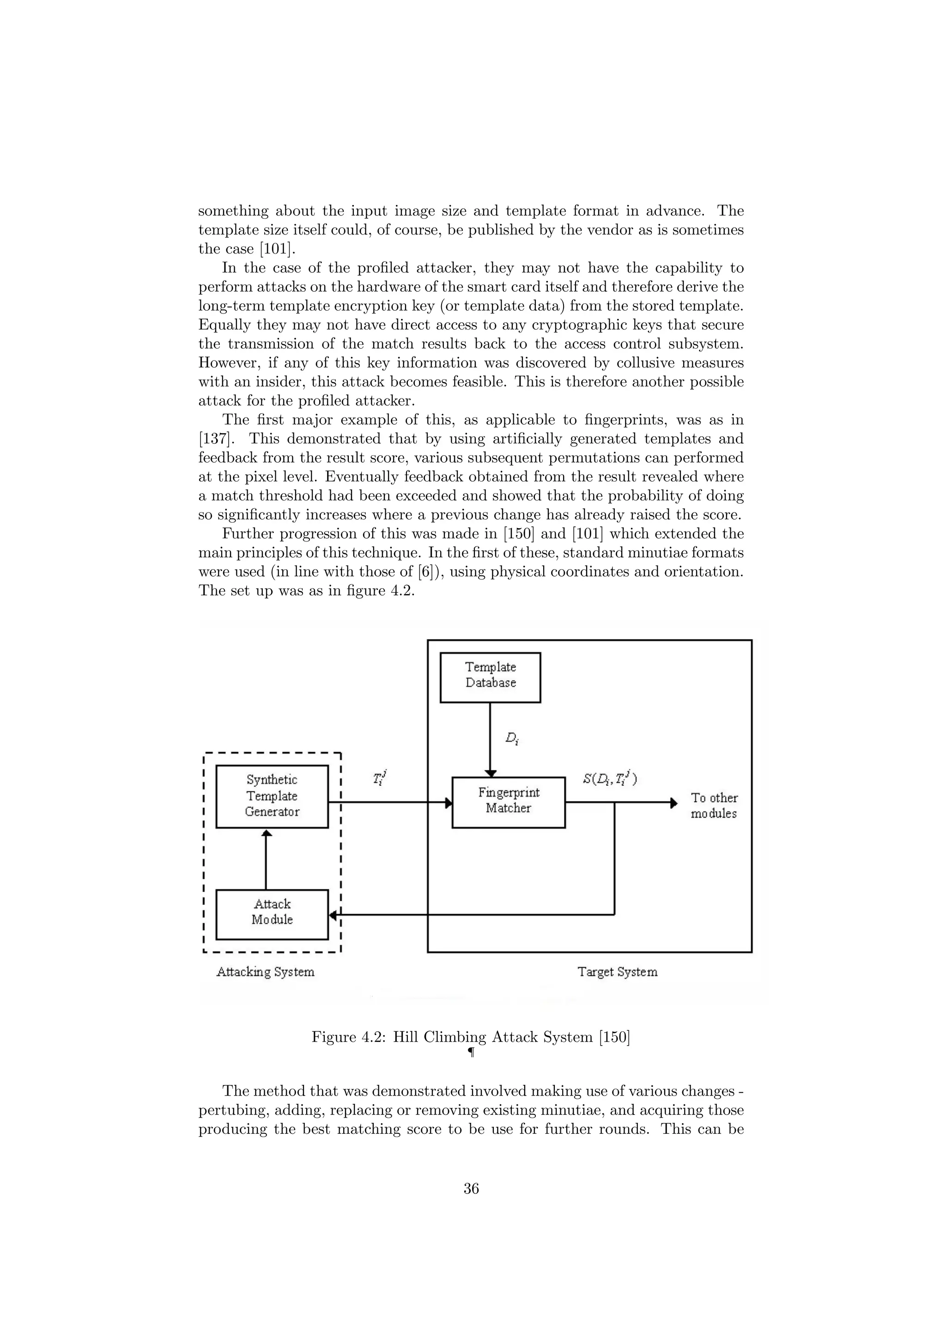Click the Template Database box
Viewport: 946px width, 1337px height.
pyautogui.click(x=490, y=677)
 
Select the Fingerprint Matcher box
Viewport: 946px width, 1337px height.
pyautogui.click(x=508, y=802)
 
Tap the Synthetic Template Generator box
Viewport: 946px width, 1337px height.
pyautogui.click(x=272, y=796)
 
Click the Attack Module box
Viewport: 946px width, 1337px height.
pyautogui.click(x=272, y=914)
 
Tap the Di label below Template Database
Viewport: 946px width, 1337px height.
pyautogui.click(x=511, y=738)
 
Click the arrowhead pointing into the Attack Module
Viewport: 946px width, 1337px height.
pyautogui.click(x=333, y=915)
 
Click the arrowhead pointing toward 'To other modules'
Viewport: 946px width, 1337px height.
pyautogui.click(x=673, y=802)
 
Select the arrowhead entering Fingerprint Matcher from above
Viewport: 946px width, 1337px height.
pyautogui.click(x=490, y=773)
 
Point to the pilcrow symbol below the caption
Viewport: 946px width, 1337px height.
pyautogui.click(x=471, y=1053)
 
